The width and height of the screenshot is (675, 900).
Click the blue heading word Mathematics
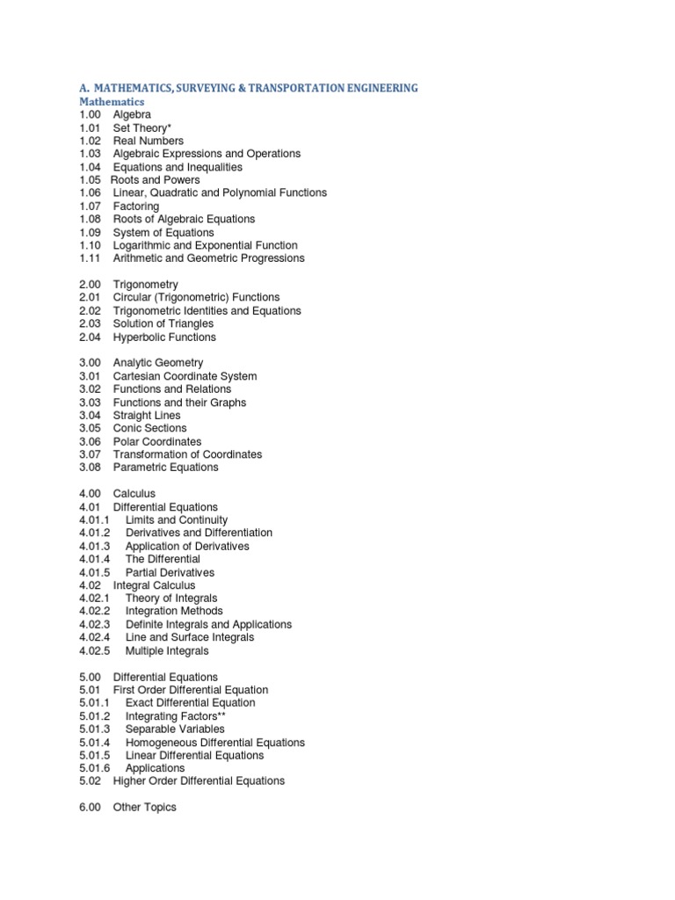pyautogui.click(x=111, y=102)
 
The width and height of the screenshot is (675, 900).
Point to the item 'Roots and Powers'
pyautogui.click(x=156, y=180)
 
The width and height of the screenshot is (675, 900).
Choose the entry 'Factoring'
pyautogui.click(x=136, y=207)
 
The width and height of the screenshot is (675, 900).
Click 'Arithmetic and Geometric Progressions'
pyautogui.click(x=208, y=258)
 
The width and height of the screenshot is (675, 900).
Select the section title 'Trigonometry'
pyautogui.click(x=145, y=285)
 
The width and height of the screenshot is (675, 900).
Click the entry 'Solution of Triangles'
pyautogui.click(x=163, y=324)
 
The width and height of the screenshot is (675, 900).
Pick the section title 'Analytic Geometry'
pyautogui.click(x=157, y=363)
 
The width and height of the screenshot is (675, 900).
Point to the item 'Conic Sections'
pyautogui.click(x=150, y=428)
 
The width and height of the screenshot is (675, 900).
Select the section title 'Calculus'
pyautogui.click(x=134, y=494)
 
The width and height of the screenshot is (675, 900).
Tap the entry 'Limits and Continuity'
pyautogui.click(x=176, y=520)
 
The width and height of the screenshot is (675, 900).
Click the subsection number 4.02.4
pyautogui.click(x=94, y=637)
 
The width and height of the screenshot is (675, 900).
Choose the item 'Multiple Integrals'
pyautogui.click(x=167, y=651)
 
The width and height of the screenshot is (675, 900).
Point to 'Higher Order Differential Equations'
pyautogui.click(x=199, y=781)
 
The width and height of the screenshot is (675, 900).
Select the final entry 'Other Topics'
pyautogui.click(x=144, y=808)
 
